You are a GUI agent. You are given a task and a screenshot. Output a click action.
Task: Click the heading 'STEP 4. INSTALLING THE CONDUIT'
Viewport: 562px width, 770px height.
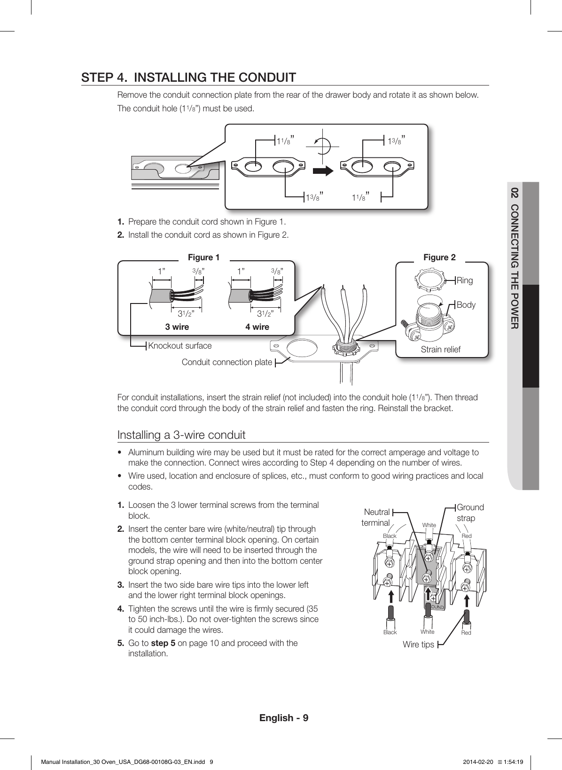pos(188,77)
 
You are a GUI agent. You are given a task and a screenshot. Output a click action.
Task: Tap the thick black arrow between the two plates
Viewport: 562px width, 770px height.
pos(323,171)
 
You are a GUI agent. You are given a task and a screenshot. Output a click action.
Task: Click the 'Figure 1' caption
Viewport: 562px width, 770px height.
pos(203,257)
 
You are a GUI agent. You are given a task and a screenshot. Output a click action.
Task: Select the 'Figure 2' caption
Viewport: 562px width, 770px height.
pos(439,257)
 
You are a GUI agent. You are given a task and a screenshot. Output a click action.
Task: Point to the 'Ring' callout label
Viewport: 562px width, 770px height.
pos(465,280)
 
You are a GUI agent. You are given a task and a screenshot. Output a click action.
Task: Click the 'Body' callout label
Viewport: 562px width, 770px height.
pos(466,304)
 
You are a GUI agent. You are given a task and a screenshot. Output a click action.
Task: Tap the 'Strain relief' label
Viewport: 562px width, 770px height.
pos(440,350)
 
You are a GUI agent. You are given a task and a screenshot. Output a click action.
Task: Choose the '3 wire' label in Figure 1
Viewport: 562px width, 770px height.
pos(177,327)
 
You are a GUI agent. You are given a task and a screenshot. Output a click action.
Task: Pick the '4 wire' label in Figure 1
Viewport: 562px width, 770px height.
pos(257,327)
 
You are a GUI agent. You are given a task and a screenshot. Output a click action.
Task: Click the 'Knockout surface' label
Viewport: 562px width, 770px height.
pos(180,346)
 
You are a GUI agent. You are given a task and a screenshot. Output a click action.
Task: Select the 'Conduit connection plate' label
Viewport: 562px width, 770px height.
pos(226,362)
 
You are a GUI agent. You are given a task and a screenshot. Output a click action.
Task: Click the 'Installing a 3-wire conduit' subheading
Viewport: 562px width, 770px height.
pos(181,435)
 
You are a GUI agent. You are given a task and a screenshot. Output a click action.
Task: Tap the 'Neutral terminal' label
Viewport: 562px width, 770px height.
pos(376,517)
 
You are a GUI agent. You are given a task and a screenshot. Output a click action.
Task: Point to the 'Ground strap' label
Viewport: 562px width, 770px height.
pos(470,513)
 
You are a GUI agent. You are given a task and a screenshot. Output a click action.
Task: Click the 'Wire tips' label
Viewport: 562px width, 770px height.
pos(418,645)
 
